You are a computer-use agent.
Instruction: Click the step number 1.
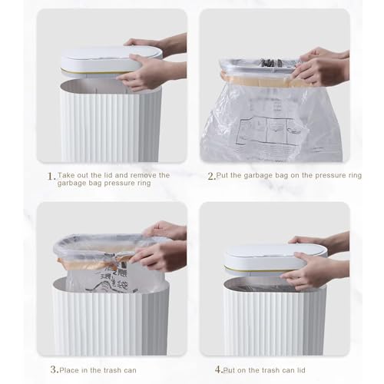point(51,176)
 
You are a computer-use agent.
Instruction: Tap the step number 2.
point(211,176)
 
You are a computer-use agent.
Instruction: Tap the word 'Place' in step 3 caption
point(74,368)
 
